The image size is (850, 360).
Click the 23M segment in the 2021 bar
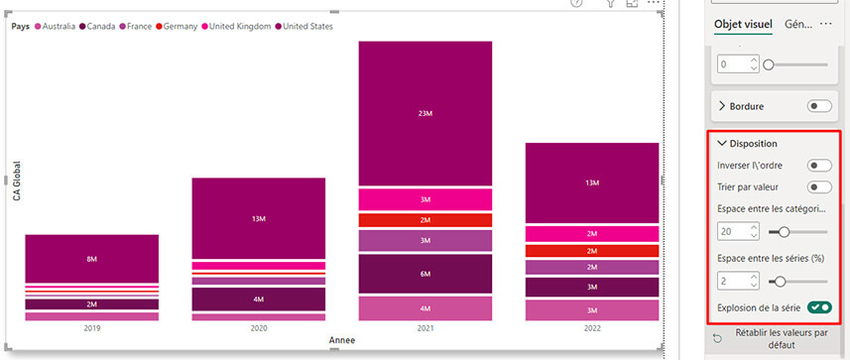425,113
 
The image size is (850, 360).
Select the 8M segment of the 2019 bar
91,259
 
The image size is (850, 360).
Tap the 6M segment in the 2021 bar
425,274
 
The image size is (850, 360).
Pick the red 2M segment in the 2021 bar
425,220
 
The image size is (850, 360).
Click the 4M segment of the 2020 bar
258,299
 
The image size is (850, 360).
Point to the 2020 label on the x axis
258,326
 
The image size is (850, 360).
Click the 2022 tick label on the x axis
592,326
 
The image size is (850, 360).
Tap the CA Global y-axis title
16,181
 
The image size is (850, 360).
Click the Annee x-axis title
341,340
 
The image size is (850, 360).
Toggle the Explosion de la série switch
819,307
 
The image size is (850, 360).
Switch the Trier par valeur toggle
819,186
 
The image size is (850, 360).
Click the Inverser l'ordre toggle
819,165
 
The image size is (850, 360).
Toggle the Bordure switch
819,105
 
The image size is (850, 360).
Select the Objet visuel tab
744,25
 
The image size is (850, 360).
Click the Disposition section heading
754,143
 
